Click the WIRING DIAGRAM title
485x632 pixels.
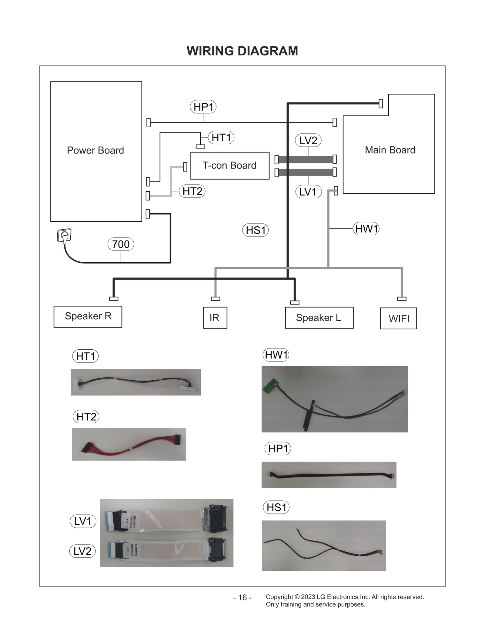[242, 51]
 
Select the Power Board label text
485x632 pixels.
[95, 150]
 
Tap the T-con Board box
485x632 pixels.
[229, 166]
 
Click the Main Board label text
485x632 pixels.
[390, 150]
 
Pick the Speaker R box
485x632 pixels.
[88, 316]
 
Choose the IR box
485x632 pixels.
[215, 318]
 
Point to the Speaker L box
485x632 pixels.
[319, 318]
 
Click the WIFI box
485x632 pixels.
[398, 318]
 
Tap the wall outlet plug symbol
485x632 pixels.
[64, 236]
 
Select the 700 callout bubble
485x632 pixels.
[121, 244]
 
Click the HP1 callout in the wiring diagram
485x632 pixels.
[203, 107]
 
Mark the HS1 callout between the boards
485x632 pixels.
[255, 230]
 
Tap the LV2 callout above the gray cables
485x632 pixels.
[308, 140]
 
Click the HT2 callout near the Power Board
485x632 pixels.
[192, 191]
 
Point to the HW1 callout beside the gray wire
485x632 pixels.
[366, 229]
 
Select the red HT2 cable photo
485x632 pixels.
[129, 444]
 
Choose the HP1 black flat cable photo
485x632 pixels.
[329, 475]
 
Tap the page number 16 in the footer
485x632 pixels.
[242, 597]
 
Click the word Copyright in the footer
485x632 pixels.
[279, 597]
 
